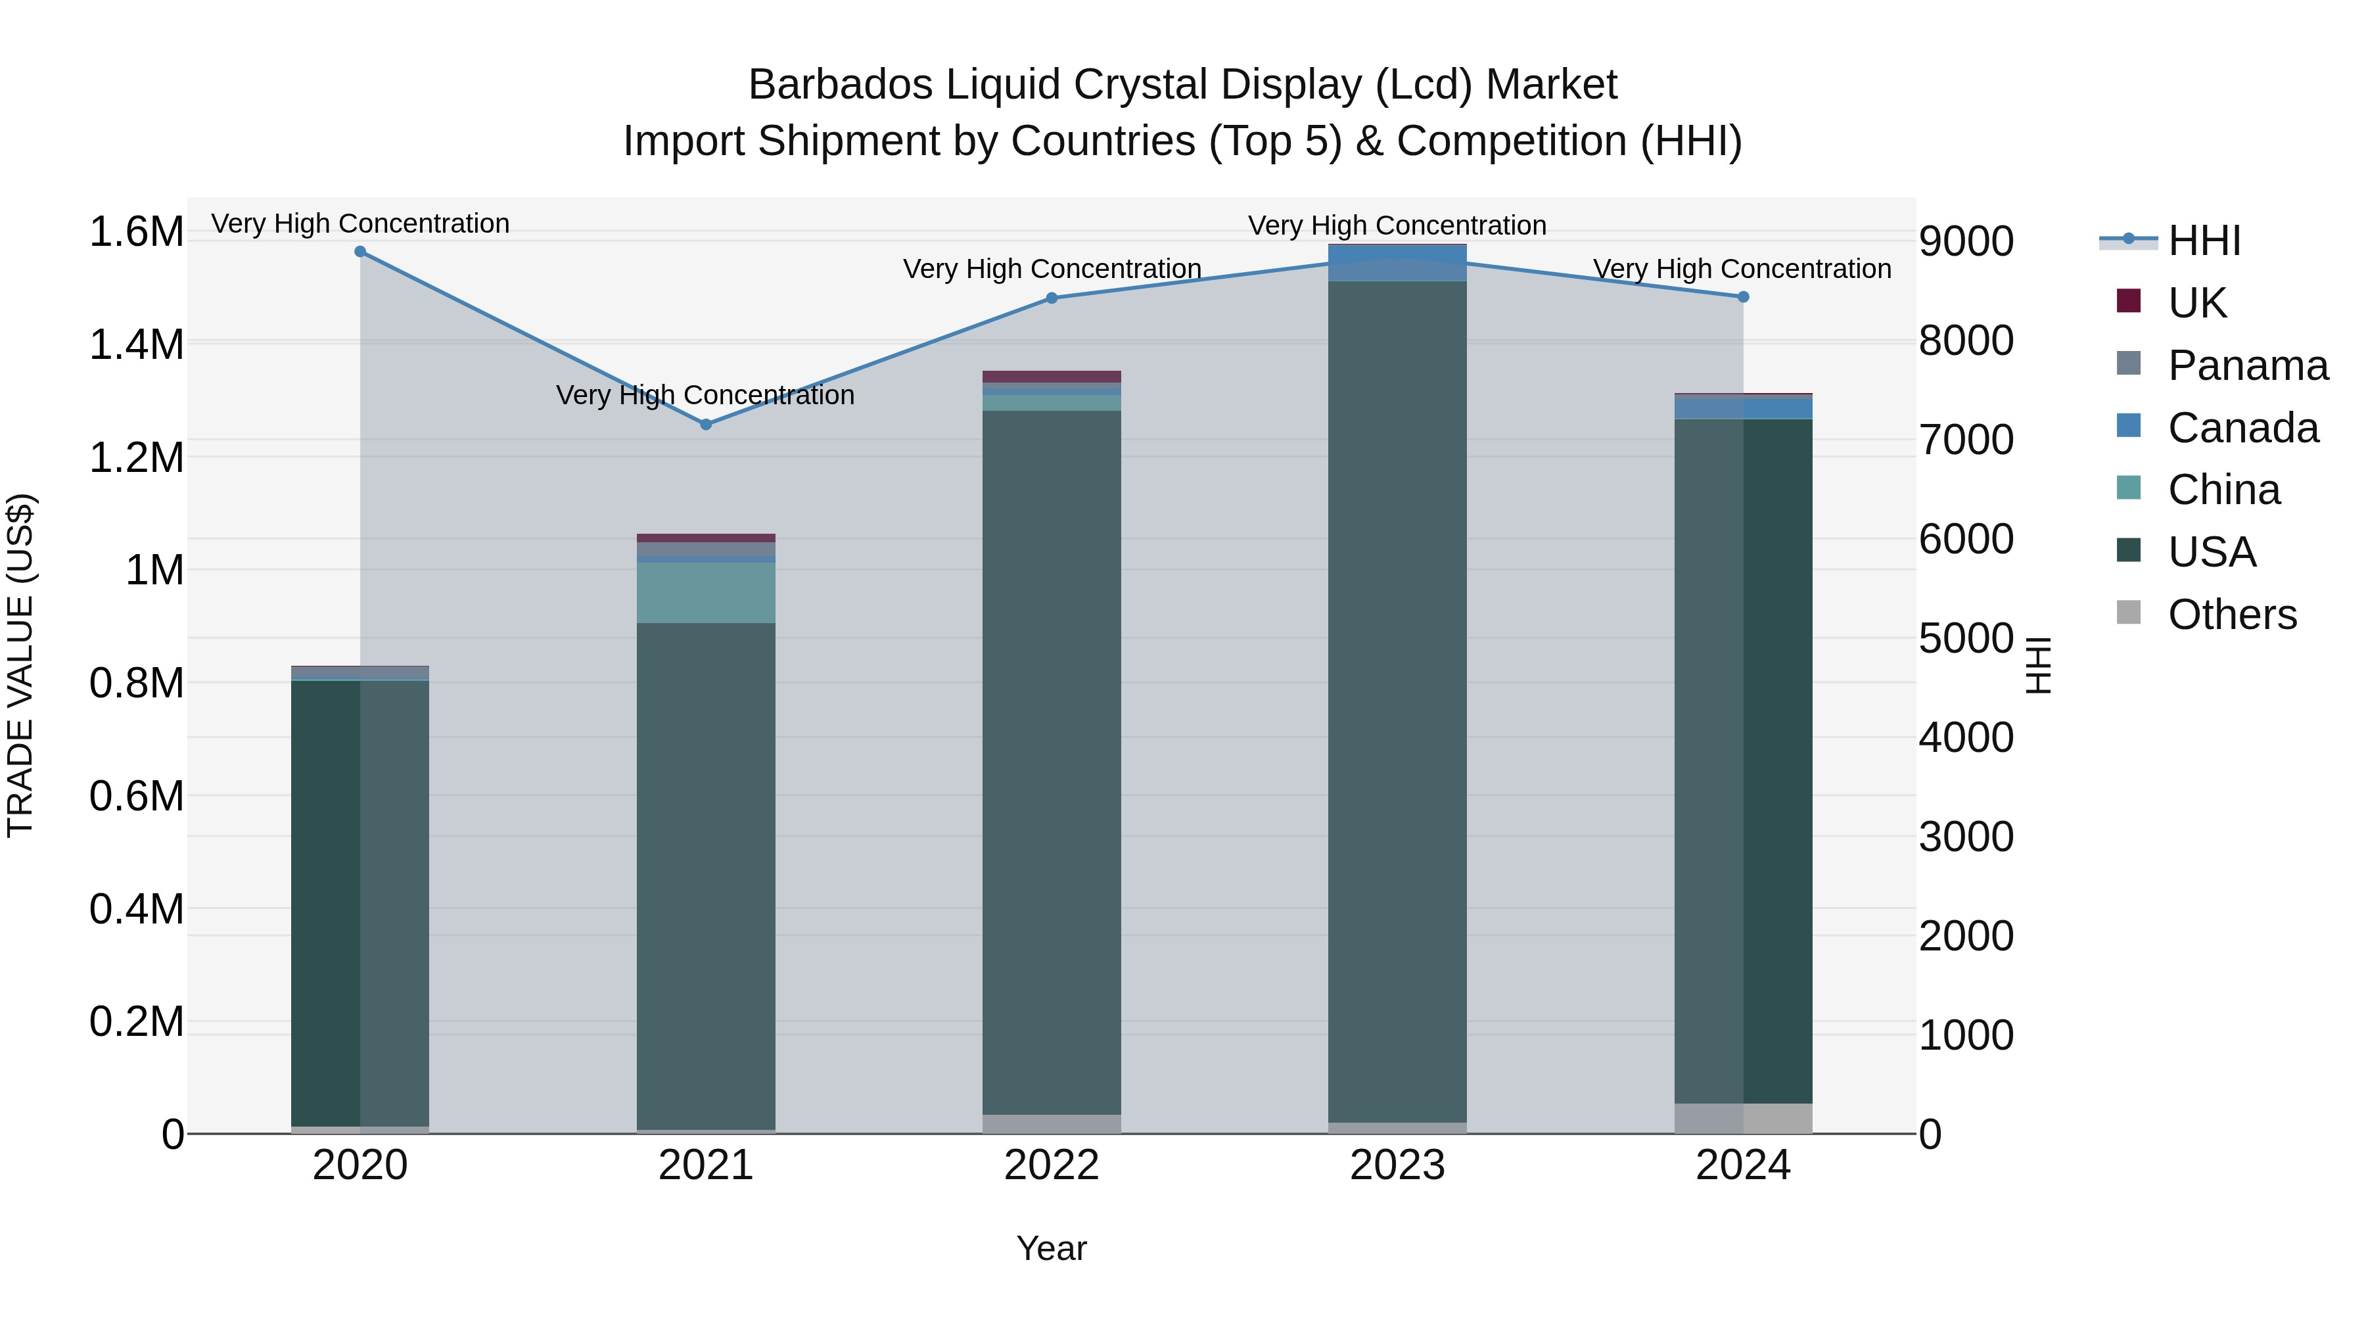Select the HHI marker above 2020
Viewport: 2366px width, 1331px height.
pos(360,252)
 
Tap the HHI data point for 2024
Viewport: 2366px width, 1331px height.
pos(1743,296)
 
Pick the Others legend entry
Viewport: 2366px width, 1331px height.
pos(2231,615)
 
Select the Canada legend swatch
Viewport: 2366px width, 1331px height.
pos(2128,426)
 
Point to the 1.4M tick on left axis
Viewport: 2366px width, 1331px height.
pos(136,345)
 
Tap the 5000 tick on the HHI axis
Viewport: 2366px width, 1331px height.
pos(1966,638)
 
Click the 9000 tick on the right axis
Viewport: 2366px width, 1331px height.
pos(1966,242)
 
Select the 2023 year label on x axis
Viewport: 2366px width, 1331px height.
pos(1397,1165)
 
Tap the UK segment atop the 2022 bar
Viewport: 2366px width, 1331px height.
pos(1052,377)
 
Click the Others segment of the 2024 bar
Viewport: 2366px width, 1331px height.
pos(1743,1118)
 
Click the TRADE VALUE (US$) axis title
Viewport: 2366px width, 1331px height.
pos(20,665)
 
